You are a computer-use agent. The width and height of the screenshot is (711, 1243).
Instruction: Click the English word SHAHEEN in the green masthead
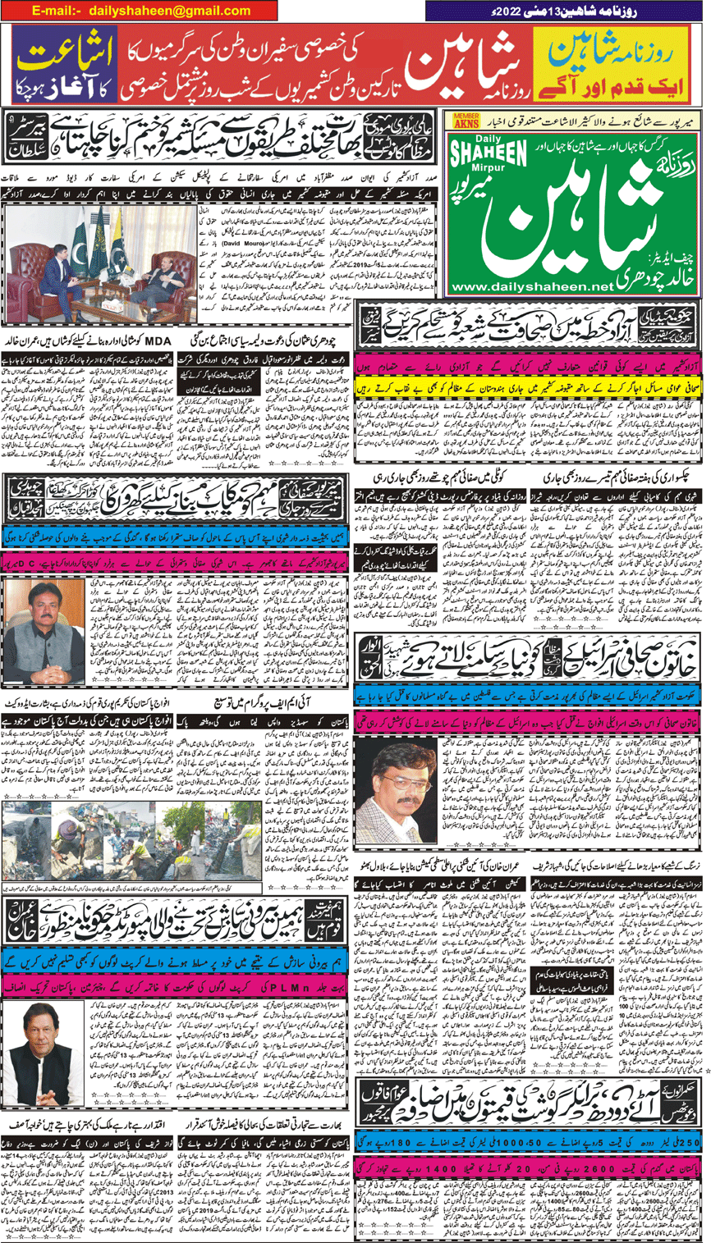[x=492, y=153]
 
